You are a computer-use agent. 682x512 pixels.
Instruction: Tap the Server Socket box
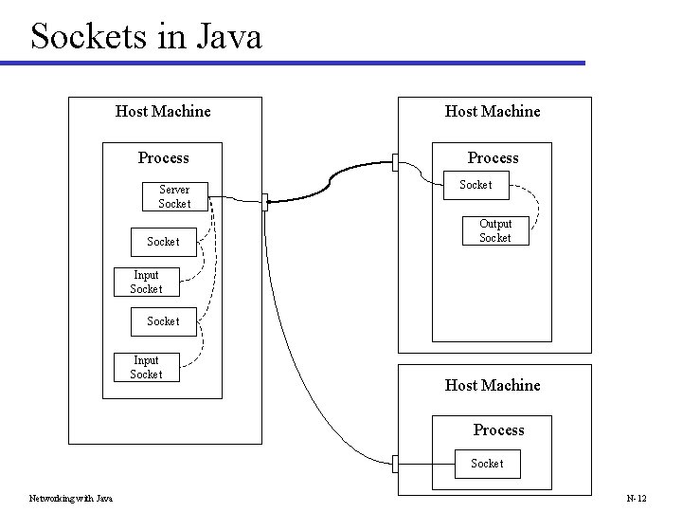174,196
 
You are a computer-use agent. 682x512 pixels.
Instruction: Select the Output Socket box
494,231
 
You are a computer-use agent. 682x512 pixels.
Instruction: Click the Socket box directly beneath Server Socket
163,242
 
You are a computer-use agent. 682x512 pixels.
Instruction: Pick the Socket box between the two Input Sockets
163,321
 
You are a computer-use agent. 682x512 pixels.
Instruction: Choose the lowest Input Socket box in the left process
146,367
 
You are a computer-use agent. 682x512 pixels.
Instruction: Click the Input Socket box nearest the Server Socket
146,283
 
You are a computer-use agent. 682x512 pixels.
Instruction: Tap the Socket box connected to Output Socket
476,185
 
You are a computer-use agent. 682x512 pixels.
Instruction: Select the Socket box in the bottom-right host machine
487,463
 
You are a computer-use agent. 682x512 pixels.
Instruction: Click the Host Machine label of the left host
163,111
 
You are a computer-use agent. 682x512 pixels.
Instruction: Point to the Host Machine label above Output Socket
493,111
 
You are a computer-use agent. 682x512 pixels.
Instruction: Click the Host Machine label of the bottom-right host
493,385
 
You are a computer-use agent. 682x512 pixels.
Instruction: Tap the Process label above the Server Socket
163,157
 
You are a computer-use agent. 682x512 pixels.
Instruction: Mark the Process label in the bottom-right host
498,430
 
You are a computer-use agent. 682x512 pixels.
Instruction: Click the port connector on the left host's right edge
265,201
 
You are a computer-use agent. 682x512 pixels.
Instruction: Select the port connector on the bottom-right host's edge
395,464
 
